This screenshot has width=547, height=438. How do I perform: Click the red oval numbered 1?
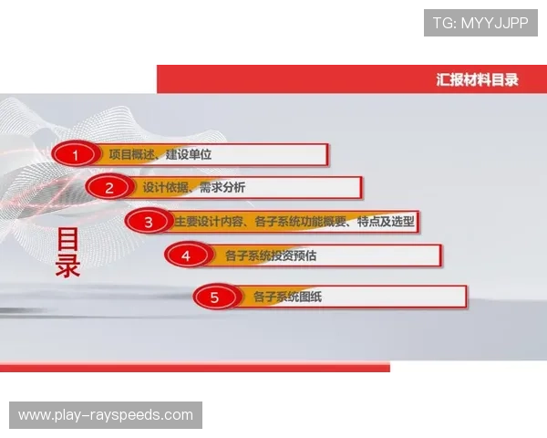76,154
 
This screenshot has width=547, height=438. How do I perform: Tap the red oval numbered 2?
109,188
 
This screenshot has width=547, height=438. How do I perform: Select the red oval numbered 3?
146,222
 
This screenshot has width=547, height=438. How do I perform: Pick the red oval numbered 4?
186,255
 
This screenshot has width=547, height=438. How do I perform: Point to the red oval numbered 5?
214,297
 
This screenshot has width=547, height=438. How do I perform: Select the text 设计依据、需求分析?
193,188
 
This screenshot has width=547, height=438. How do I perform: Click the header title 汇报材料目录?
477,79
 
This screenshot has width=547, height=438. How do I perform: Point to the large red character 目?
68,239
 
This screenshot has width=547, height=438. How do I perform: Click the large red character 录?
68,266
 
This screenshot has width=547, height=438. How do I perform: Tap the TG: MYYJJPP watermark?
480,22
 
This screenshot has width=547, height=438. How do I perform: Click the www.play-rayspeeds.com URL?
106,415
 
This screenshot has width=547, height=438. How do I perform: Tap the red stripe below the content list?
195,367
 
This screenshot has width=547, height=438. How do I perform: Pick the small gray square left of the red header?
157,62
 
